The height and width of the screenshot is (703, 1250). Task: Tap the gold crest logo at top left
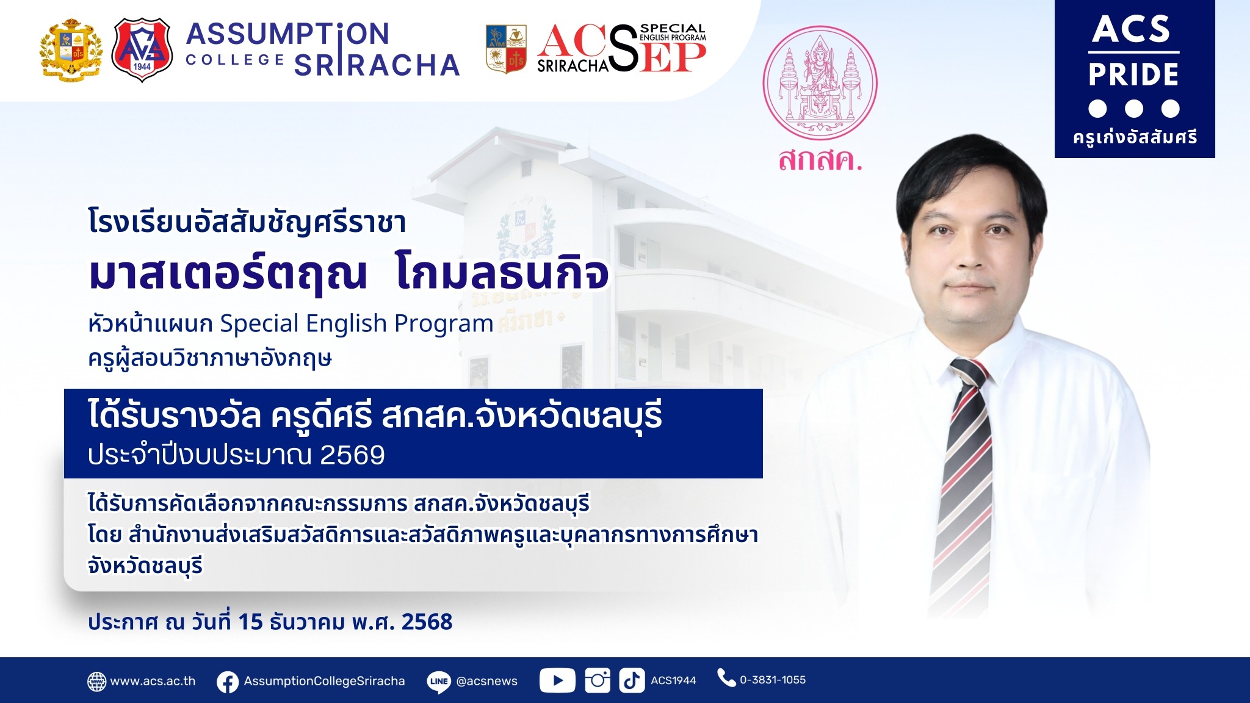click(71, 50)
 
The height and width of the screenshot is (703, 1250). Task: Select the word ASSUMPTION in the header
click(287, 34)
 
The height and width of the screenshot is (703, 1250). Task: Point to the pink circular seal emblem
click(820, 83)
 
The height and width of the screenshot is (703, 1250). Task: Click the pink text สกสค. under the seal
click(820, 160)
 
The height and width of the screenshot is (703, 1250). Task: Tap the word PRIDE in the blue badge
click(1133, 74)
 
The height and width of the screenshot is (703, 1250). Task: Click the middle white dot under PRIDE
click(1133, 109)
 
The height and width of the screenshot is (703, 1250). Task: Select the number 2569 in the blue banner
click(352, 455)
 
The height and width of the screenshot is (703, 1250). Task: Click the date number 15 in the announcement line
click(250, 622)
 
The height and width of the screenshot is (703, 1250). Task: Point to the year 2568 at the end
click(427, 622)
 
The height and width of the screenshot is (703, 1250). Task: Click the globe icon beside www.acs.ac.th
click(96, 682)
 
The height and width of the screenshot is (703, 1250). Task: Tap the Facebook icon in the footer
click(228, 682)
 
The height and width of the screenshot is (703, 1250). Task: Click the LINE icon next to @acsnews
click(439, 682)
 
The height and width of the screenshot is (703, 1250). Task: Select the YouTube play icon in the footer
click(557, 680)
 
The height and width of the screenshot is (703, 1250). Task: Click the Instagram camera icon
click(598, 680)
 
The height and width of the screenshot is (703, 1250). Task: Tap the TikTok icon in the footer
click(632, 680)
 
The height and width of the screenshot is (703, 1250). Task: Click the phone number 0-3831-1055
click(773, 680)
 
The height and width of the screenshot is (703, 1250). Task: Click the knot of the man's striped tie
click(969, 373)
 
